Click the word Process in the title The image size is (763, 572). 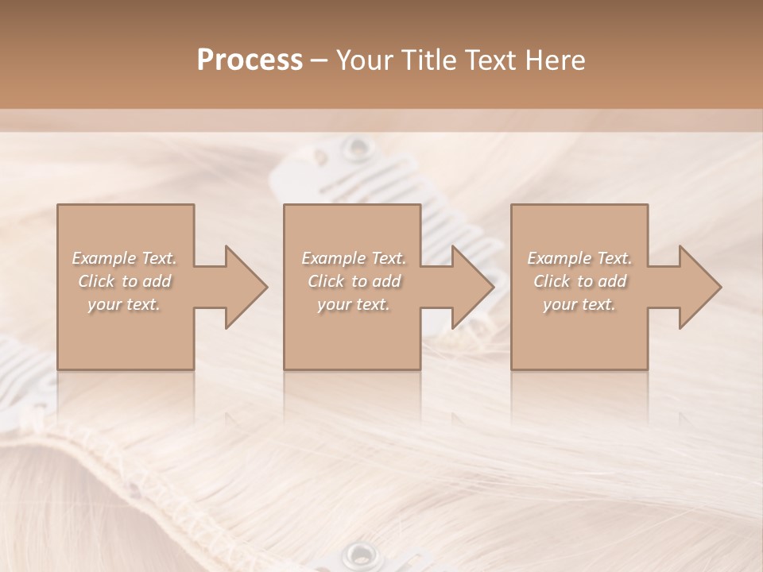click(x=250, y=60)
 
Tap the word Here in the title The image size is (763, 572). click(x=555, y=60)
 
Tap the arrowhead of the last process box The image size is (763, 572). click(x=699, y=287)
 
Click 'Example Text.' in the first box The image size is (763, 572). click(x=125, y=258)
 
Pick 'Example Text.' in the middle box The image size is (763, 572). click(x=354, y=258)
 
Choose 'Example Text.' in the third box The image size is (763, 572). click(x=579, y=258)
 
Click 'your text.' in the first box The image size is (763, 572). click(x=124, y=304)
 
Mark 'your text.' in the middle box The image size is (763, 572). click(x=353, y=304)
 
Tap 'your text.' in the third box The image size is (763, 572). click(x=579, y=304)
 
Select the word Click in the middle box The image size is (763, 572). click(x=326, y=281)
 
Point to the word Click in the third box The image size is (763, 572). click(x=552, y=281)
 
